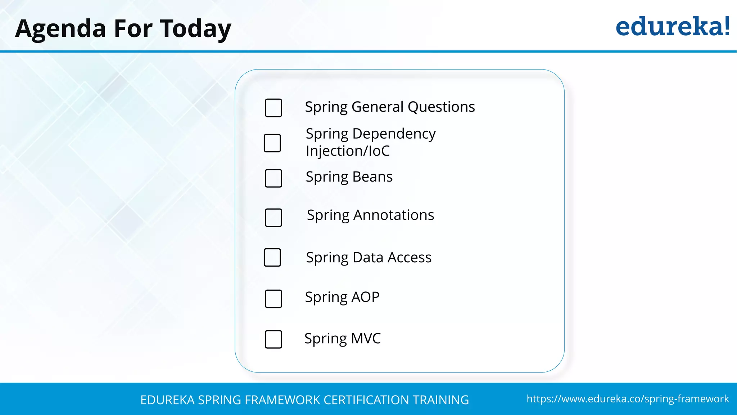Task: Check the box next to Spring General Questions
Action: pyautogui.click(x=273, y=108)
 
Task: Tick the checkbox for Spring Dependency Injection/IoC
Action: pyautogui.click(x=272, y=143)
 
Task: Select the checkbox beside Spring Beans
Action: pyautogui.click(x=273, y=178)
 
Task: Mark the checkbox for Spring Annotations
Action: pyautogui.click(x=273, y=218)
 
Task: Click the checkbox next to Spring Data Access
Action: pyautogui.click(x=272, y=257)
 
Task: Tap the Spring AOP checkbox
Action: pyautogui.click(x=273, y=299)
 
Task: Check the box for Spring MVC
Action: pyautogui.click(x=273, y=339)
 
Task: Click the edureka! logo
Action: pyautogui.click(x=672, y=27)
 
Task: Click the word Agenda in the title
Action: pyautogui.click(x=60, y=29)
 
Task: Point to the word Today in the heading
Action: pyautogui.click(x=195, y=29)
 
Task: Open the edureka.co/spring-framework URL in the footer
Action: pyautogui.click(x=628, y=399)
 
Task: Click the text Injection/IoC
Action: pyautogui.click(x=348, y=151)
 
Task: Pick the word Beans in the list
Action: pyautogui.click(x=372, y=177)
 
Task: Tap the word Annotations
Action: pyautogui.click(x=394, y=215)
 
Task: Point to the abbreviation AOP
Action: pyautogui.click(x=365, y=297)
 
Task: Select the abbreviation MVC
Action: pyautogui.click(x=366, y=339)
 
